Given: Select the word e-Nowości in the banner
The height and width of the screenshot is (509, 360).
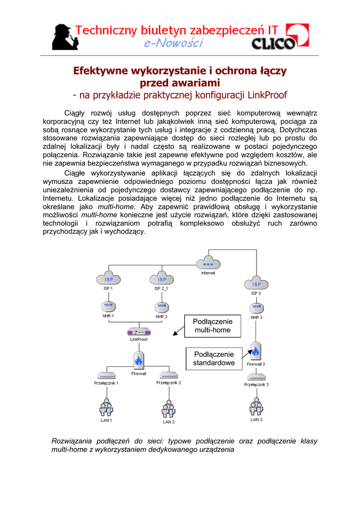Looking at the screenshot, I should (174, 44).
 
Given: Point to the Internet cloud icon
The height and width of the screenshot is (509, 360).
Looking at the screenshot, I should (208, 263).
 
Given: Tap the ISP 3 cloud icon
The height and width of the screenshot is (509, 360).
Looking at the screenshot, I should (256, 284).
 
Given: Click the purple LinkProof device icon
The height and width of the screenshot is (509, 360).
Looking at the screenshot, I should (139, 332).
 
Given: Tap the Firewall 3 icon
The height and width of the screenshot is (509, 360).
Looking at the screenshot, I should (256, 351).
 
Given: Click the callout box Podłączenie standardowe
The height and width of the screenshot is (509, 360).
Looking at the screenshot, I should (214, 358).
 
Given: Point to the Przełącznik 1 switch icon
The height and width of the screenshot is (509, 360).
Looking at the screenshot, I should (106, 375).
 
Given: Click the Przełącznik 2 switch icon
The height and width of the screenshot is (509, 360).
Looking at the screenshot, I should (169, 375).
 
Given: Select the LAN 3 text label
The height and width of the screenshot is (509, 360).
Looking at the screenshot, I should (256, 420).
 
